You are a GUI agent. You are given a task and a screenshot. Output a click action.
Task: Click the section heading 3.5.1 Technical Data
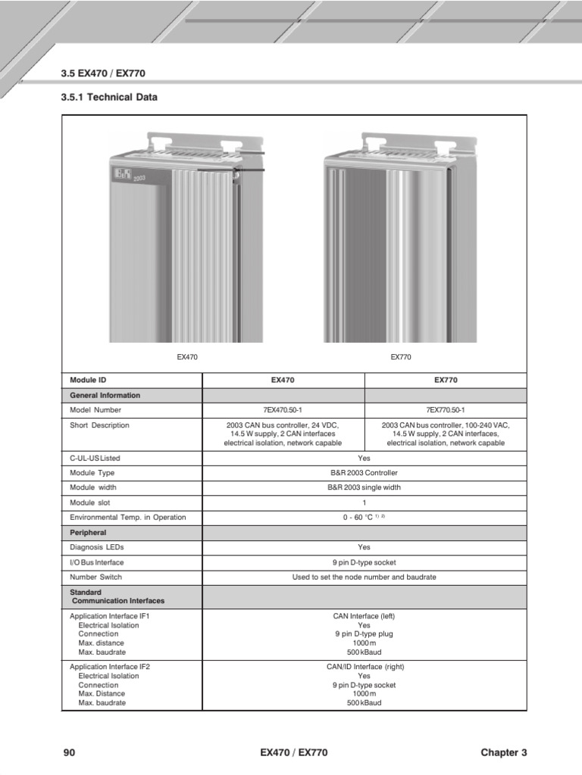click(x=108, y=98)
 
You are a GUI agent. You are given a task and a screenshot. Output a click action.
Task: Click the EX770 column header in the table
click(x=445, y=380)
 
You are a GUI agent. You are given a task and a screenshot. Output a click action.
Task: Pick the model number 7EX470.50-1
click(x=283, y=410)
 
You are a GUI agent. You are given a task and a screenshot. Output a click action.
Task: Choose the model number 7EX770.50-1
click(x=445, y=410)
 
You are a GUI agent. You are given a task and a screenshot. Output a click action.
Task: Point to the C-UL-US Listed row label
click(x=95, y=458)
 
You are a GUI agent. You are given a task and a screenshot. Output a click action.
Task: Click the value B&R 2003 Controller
click(x=364, y=473)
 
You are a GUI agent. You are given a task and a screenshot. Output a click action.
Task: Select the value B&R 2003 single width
click(x=364, y=487)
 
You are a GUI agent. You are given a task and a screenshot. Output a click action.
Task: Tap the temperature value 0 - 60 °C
click(x=359, y=518)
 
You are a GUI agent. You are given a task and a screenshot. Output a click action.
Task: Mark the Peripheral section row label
click(x=88, y=533)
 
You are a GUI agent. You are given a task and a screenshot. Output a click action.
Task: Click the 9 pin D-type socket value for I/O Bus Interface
click(x=364, y=562)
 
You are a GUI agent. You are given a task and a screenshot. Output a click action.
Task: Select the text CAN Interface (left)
click(x=364, y=617)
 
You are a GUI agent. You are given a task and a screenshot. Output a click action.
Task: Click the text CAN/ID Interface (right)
click(x=364, y=667)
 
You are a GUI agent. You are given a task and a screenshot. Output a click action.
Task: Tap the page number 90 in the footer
click(x=69, y=752)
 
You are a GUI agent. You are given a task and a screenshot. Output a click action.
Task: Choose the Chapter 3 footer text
click(x=503, y=752)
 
